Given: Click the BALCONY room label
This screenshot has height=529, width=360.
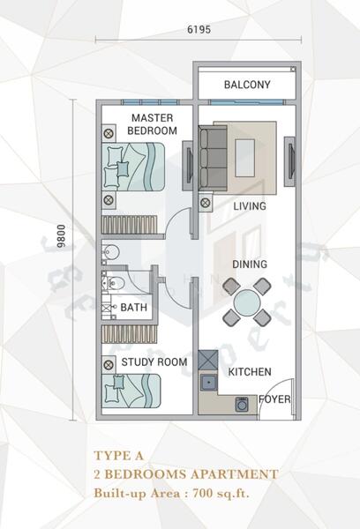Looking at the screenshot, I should (x=246, y=86).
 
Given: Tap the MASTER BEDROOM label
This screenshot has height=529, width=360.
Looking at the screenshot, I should (x=151, y=124).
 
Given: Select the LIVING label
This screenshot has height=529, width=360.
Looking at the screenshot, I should (x=250, y=206).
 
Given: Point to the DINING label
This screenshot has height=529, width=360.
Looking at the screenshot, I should (x=250, y=264).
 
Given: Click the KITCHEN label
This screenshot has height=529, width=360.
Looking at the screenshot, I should (x=250, y=372).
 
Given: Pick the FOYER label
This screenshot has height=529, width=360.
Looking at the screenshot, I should (x=274, y=399).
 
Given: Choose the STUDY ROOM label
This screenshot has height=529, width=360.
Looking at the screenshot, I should (x=154, y=361).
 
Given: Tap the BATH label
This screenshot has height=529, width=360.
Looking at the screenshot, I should (x=133, y=308).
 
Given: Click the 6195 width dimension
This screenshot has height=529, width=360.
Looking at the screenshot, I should (x=199, y=29).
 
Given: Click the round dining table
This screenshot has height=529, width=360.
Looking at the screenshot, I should (x=246, y=302).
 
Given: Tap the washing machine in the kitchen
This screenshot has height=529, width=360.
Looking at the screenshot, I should (x=242, y=404).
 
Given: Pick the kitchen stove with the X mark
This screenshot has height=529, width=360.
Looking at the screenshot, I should (x=208, y=361).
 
